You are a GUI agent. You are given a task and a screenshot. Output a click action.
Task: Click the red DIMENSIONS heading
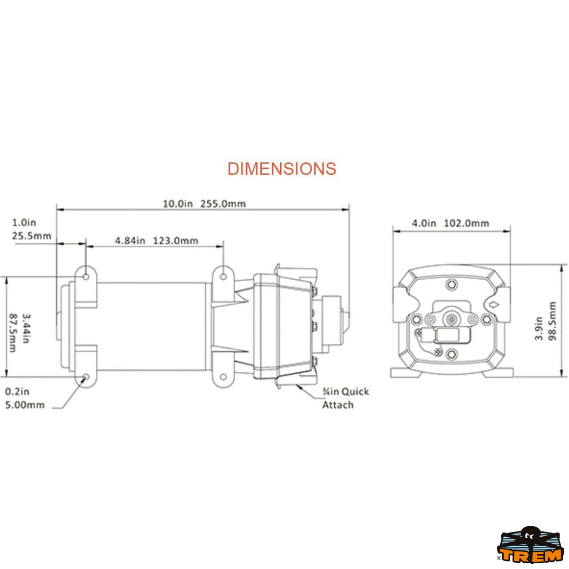pos(282,169)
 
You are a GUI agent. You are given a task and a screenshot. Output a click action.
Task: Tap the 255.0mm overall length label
pos(223,204)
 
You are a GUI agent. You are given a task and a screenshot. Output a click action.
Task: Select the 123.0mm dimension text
pos(175,241)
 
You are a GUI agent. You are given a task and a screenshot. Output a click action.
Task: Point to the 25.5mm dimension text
pos(32,236)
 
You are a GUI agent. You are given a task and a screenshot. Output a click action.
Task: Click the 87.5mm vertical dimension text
pos(13,333)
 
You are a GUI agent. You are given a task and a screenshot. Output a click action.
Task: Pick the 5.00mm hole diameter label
pos(25,404)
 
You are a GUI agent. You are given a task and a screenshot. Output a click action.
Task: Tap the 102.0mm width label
pos(467,223)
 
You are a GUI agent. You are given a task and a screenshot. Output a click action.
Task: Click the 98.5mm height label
pos(552,321)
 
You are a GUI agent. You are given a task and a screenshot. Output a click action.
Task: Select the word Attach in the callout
pos(338,404)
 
